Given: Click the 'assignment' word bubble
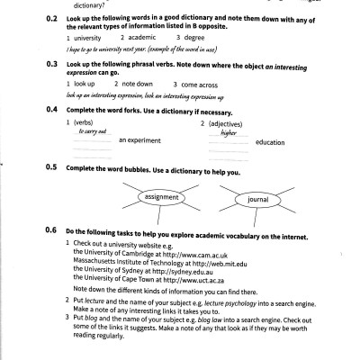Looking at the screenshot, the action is coord(161,197).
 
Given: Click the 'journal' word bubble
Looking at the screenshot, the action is coord(259,198).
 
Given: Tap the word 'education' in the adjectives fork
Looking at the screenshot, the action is coord(271,142).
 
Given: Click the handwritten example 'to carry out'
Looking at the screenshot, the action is coord(85,130).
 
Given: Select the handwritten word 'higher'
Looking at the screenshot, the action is coord(228,130).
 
